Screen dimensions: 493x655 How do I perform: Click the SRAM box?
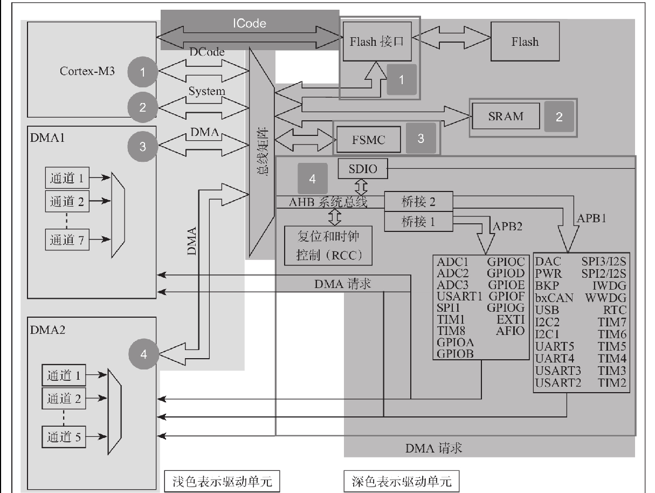click(505, 116)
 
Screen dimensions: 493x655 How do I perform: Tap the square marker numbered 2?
click(559, 117)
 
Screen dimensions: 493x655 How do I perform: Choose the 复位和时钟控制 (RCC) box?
click(328, 245)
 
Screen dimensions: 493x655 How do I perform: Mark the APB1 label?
click(592, 219)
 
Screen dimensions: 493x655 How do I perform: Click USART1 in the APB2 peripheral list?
click(458, 296)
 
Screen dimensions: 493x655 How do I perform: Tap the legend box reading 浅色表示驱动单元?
click(222, 480)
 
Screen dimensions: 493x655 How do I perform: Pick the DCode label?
click(206, 52)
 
